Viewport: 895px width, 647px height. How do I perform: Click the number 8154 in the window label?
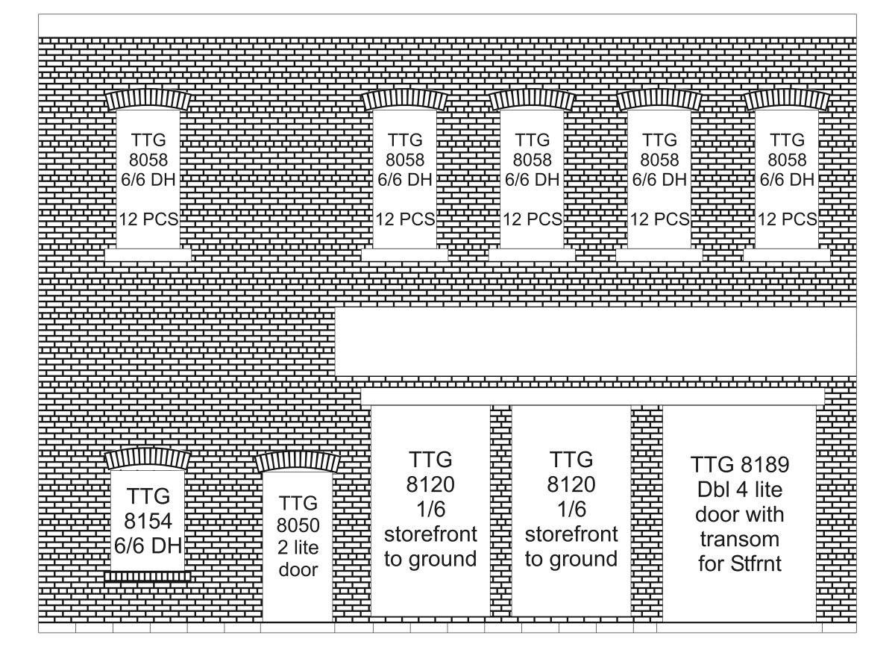coord(148,521)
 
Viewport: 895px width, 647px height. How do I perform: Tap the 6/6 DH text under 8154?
coord(148,546)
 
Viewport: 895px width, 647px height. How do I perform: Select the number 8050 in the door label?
coord(298,525)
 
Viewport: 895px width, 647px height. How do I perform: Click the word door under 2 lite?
coord(298,569)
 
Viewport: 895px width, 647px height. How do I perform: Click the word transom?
coord(740,539)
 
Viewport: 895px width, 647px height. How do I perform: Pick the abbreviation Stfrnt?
coord(756,564)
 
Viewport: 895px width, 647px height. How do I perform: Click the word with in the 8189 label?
coord(765,514)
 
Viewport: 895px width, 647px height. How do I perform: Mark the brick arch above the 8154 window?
coord(148,459)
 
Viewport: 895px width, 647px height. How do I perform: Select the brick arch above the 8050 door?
coord(298,462)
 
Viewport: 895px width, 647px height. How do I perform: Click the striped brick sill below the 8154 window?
coord(148,576)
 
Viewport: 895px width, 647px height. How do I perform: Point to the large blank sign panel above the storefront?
coord(595,342)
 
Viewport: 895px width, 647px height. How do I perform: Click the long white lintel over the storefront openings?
coord(592,396)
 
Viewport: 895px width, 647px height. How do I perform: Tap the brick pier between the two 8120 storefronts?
coord(500,510)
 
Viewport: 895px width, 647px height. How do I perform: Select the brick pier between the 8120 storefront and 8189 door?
coord(647,510)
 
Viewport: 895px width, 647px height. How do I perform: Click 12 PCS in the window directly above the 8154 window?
coord(148,219)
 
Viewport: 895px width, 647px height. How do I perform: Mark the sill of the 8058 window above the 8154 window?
coord(148,255)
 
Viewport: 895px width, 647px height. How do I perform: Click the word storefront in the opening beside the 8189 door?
coord(571,534)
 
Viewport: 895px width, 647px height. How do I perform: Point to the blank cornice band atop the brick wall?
coord(447,25)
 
